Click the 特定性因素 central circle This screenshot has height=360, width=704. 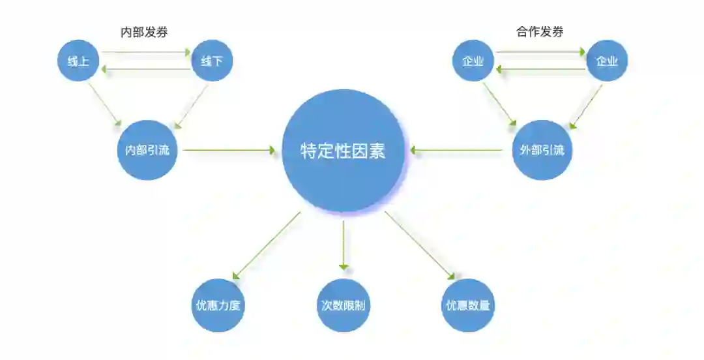pyautogui.click(x=344, y=151)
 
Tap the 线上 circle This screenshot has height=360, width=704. pyautogui.click(x=78, y=61)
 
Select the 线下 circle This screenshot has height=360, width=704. pyautogui.click(x=212, y=61)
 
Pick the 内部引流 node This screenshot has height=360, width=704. pyautogui.click(x=147, y=150)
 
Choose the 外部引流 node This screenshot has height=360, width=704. pyautogui.click(x=542, y=150)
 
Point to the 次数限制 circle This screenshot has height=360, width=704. pyautogui.click(x=344, y=305)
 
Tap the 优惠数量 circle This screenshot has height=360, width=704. pyautogui.click(x=468, y=305)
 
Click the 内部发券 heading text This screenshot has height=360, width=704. pyautogui.click(x=144, y=32)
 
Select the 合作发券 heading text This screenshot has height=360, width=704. pyautogui.click(x=540, y=31)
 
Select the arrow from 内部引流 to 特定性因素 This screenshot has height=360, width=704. pyautogui.click(x=228, y=151)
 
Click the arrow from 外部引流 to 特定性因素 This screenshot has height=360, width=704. pyautogui.click(x=456, y=151)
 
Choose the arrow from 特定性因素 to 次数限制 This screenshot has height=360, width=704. pyautogui.click(x=344, y=245)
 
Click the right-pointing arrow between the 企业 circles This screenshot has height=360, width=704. pyautogui.click(x=540, y=51)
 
